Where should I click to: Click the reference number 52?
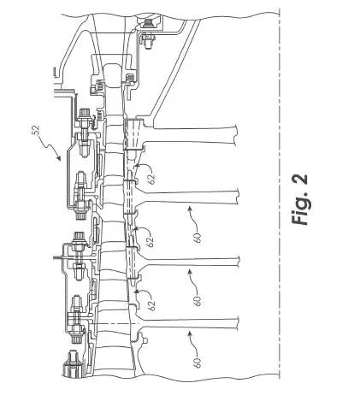(35, 130)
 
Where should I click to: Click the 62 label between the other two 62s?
(150, 241)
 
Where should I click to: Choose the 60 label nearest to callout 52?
(198, 238)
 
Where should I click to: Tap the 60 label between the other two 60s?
(198, 301)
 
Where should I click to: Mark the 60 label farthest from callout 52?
(198, 363)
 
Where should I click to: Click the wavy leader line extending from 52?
(50, 147)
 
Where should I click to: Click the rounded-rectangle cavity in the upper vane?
(113, 75)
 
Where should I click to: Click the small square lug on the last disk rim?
(145, 339)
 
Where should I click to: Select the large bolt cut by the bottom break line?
(71, 365)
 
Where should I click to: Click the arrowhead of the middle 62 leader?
(135, 228)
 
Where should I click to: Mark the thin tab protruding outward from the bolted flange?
(59, 257)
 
